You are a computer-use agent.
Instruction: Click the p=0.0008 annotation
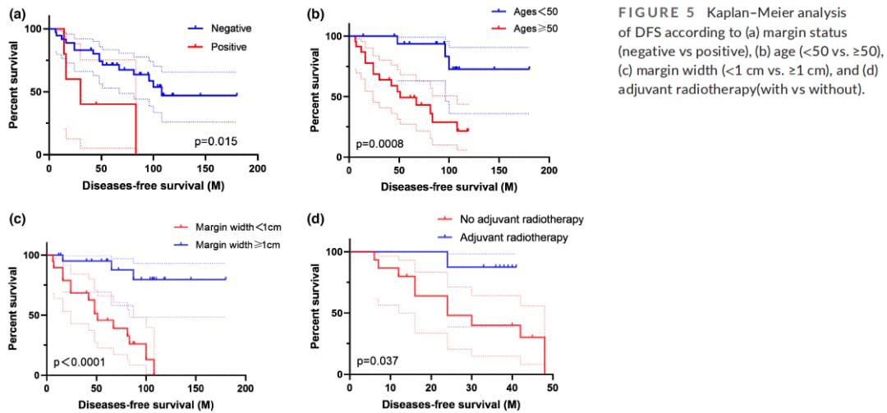pyautogui.click(x=379, y=145)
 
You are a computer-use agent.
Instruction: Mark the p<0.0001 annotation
pyautogui.click(x=80, y=361)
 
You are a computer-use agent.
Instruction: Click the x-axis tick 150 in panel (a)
pyautogui.click(x=205, y=168)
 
